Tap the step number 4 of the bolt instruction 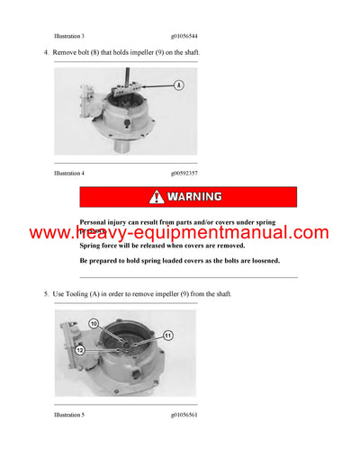point(46,52)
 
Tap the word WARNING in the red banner point(194,196)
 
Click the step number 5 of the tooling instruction point(46,293)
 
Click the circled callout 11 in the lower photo point(167,335)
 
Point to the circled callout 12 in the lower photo point(80,351)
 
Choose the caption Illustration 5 point(69,417)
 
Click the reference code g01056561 point(184,417)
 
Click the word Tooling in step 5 point(80,293)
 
